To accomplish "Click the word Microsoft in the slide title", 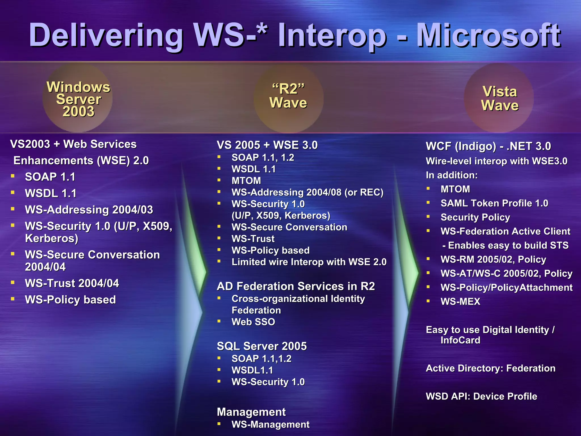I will tap(488, 35).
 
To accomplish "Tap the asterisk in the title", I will tap(261, 28).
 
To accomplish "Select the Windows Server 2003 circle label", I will tap(78, 99).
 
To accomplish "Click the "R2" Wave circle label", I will tap(288, 96).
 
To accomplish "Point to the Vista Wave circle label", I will tap(500, 98).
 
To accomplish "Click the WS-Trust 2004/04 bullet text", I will tap(72, 283).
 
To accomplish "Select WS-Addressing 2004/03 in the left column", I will tap(89, 210).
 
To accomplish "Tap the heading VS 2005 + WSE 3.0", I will tap(267, 145).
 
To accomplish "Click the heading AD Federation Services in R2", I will tap(296, 286).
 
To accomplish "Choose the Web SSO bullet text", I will tap(253, 322).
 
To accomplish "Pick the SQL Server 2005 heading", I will tap(262, 346).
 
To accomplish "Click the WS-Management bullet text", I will tap(270, 424).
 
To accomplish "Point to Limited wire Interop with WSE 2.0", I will tap(309, 262).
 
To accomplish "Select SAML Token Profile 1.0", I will tap(494, 203).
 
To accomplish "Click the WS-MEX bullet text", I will tap(460, 301).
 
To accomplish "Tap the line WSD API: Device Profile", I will tap(481, 396).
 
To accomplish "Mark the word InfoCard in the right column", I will tap(460, 340).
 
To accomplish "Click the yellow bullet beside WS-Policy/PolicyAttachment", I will tap(428, 287).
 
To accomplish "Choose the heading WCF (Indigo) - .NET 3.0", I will tap(488, 146).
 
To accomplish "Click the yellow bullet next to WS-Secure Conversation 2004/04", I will tap(13, 254).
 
